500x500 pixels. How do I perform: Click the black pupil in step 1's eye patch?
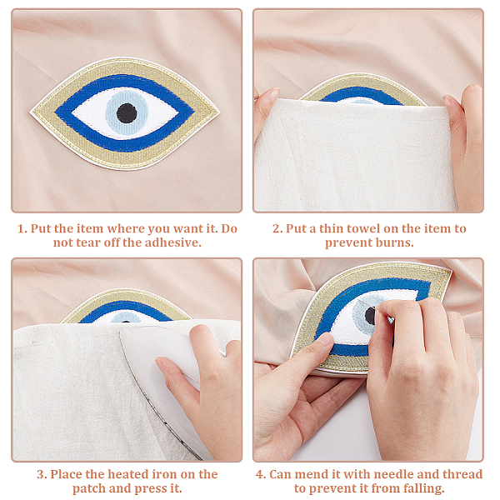(127, 113)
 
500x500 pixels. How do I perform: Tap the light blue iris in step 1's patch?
(127, 112)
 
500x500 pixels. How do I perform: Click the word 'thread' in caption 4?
(462, 474)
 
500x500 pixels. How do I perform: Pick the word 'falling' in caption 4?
(423, 488)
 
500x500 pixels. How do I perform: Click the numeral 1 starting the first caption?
(21, 229)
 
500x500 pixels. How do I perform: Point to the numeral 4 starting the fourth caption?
(260, 474)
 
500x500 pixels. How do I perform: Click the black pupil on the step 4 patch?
(370, 316)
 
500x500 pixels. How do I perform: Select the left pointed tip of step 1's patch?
(31, 112)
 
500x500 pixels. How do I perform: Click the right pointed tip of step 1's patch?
(218, 112)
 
